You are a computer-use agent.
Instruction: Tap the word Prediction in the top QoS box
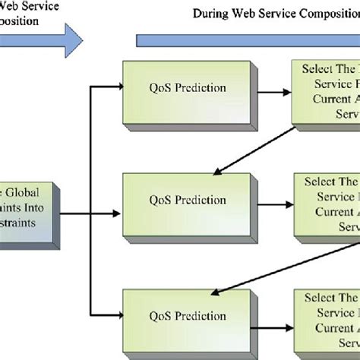pyautogui.click(x=201, y=87)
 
